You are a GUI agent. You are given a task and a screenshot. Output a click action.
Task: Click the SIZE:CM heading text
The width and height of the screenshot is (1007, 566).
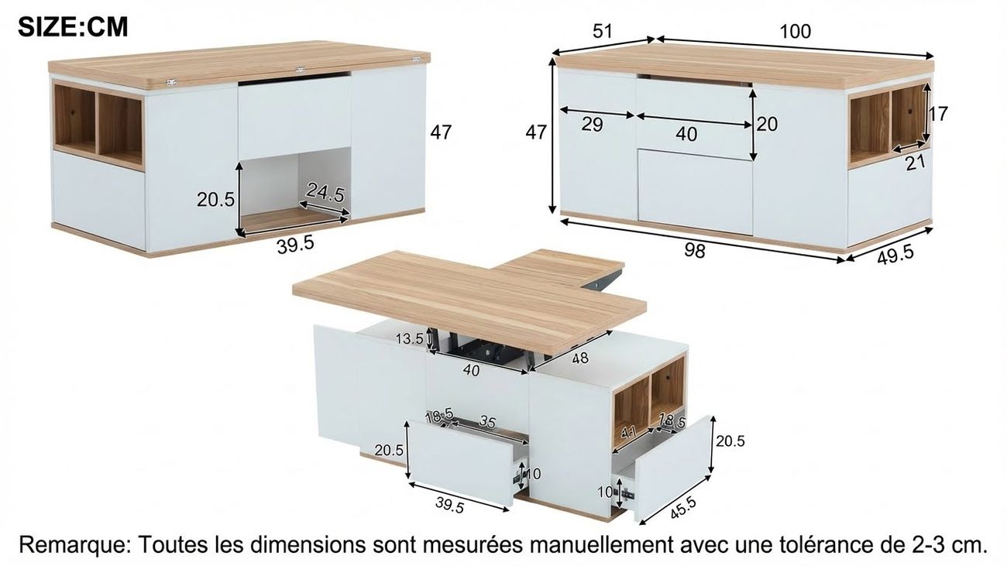point(73,27)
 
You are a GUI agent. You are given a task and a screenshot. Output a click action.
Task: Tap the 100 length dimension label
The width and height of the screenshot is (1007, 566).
point(795,32)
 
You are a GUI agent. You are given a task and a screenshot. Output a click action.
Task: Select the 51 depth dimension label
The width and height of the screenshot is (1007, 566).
point(603,31)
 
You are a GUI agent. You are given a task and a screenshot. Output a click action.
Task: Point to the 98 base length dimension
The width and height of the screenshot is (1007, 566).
point(695,251)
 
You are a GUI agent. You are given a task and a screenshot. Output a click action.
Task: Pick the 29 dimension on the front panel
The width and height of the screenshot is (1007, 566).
point(592,125)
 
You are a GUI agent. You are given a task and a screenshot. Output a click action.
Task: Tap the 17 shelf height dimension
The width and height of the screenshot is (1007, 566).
point(938,114)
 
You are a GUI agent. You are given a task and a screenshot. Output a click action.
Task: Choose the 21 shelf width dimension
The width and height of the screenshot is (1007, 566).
point(916,163)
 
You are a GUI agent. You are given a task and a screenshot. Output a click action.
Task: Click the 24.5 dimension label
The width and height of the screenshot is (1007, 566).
point(325,193)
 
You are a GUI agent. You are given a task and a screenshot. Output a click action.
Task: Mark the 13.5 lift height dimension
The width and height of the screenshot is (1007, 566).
point(410,338)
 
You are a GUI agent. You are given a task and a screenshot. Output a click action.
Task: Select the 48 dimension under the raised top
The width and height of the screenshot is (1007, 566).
point(580,358)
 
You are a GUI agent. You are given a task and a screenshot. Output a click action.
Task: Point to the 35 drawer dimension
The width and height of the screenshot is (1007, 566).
point(487,422)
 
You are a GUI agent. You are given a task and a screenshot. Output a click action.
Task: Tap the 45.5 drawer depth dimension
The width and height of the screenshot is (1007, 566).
point(683,508)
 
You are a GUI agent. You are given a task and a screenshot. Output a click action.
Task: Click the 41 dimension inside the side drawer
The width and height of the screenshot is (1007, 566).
point(627,432)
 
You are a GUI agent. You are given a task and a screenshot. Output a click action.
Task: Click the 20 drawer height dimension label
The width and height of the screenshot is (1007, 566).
point(767,124)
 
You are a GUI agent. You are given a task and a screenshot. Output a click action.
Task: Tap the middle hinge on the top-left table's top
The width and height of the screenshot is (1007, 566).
point(300,70)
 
